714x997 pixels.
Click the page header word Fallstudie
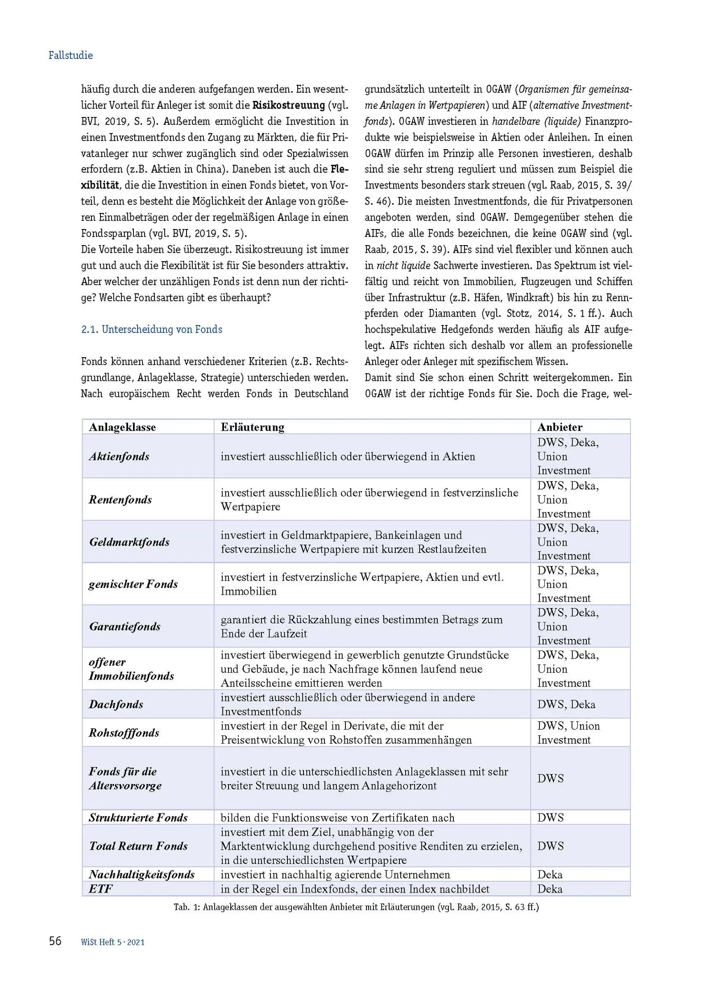[x=71, y=55]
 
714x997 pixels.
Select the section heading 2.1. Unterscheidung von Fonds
[x=151, y=330]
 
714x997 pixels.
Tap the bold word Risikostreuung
[x=289, y=105]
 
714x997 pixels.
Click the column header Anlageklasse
[x=122, y=427]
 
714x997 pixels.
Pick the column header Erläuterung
[x=252, y=427]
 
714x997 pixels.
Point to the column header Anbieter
[x=560, y=427]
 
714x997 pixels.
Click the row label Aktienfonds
[x=119, y=456]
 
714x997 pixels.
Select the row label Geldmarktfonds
[x=129, y=542]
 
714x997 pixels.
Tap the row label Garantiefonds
[x=125, y=626]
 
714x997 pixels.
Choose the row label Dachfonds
[x=116, y=705]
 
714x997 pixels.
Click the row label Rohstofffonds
[x=124, y=733]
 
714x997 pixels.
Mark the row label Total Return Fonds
[x=138, y=846]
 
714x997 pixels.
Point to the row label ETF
[x=101, y=889]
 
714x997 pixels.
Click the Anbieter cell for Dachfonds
[x=566, y=705]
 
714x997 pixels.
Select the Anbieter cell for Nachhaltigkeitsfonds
[x=550, y=875]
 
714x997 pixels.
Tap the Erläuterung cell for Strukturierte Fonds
[x=337, y=818]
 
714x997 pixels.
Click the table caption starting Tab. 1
[x=356, y=907]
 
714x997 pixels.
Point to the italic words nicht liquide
[x=403, y=266]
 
